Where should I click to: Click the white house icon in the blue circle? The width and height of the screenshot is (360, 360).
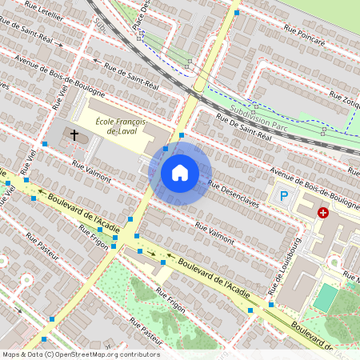click(x=180, y=173)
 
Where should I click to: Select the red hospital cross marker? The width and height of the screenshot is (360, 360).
click(x=323, y=213)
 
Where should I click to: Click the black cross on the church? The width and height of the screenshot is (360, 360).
click(x=75, y=135)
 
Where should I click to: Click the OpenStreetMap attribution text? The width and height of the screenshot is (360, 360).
click(x=81, y=354)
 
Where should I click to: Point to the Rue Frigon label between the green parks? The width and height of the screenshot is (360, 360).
click(x=170, y=300)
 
